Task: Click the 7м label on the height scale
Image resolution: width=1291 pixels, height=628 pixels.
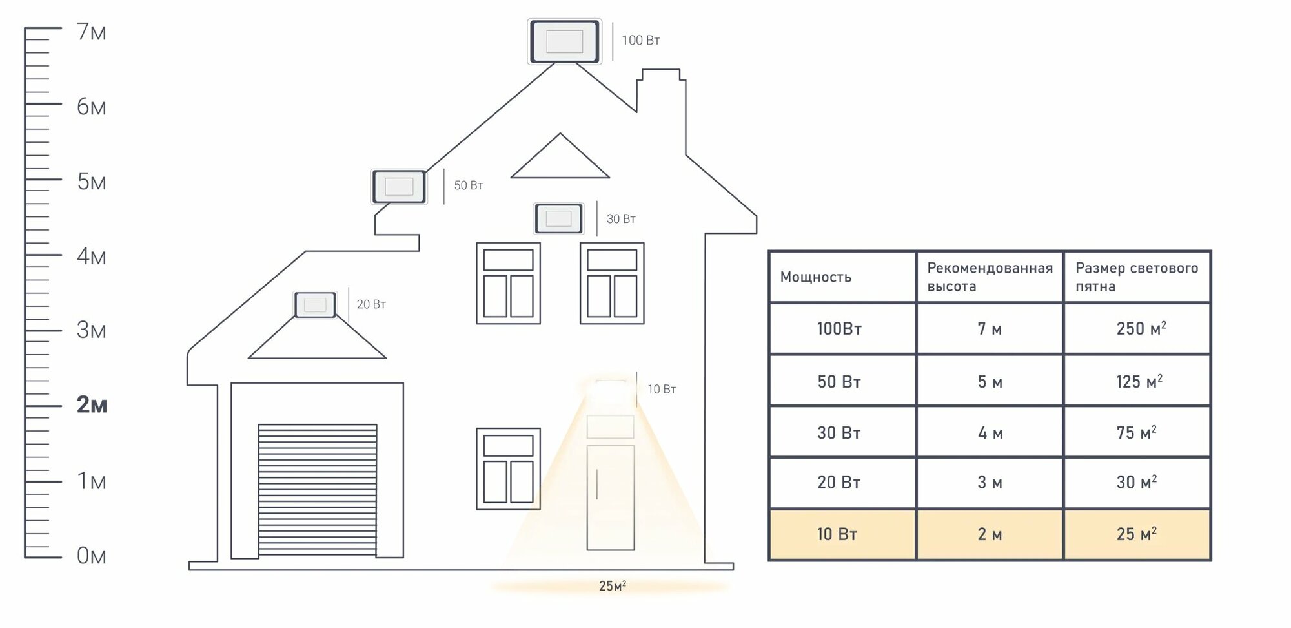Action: point(92,32)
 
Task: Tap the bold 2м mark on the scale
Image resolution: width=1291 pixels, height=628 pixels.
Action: point(92,405)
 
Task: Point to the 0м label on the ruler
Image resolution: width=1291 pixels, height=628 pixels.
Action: point(91,556)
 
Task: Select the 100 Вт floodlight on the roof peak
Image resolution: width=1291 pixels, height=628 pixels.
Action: point(564,42)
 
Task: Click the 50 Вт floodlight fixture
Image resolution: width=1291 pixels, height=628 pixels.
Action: point(399,187)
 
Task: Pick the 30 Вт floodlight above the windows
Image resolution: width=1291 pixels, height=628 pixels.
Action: point(558,218)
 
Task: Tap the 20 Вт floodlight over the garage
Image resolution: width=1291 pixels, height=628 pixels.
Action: point(315,305)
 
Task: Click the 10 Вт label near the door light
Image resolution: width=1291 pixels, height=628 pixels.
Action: point(662,390)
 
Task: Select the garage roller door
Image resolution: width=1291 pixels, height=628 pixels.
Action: point(317,489)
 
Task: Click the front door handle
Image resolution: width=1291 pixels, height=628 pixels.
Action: point(597,484)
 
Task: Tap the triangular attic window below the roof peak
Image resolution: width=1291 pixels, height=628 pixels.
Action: point(560,160)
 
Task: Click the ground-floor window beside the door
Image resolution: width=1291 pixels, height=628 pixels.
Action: point(508,469)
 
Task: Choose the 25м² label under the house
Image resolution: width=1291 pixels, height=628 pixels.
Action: point(612,587)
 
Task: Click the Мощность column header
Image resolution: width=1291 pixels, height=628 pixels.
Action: point(816,277)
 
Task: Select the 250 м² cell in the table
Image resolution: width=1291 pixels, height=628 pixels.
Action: point(1141,329)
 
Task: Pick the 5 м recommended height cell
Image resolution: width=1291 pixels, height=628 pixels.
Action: point(990,382)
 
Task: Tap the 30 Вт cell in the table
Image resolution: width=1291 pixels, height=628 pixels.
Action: point(839,433)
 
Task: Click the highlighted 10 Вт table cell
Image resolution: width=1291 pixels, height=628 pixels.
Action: point(837,534)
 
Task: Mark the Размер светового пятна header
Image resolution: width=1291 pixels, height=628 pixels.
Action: point(1136,277)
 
